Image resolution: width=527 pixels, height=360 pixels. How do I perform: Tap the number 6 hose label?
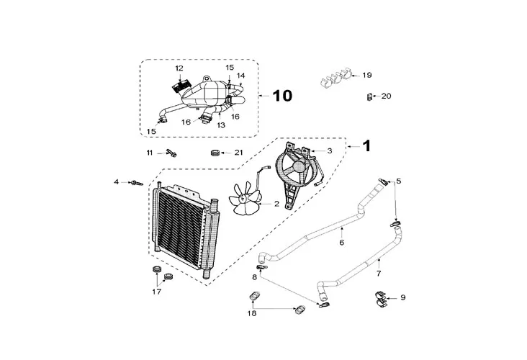(342, 242)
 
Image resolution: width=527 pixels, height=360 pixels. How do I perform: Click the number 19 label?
(367, 75)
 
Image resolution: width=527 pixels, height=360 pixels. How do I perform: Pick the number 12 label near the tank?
(179, 68)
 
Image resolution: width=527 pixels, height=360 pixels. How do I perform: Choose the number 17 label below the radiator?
(156, 292)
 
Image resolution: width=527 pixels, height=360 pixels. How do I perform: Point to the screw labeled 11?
(171, 152)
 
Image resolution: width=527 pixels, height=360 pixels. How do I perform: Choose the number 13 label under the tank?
(221, 125)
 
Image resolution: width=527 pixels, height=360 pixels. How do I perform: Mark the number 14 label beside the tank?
(241, 75)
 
